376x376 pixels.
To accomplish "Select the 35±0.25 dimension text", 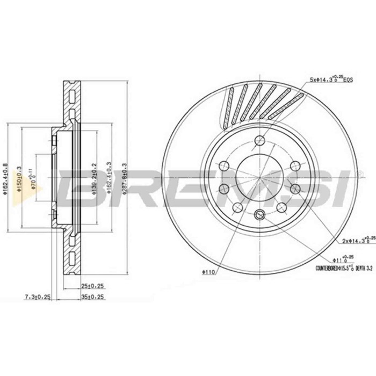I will [x=92, y=297].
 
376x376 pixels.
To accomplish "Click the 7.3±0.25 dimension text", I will [x=38, y=297].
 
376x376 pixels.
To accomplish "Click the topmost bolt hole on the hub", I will [x=261, y=141].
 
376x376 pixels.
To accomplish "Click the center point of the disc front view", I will [x=261, y=178].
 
